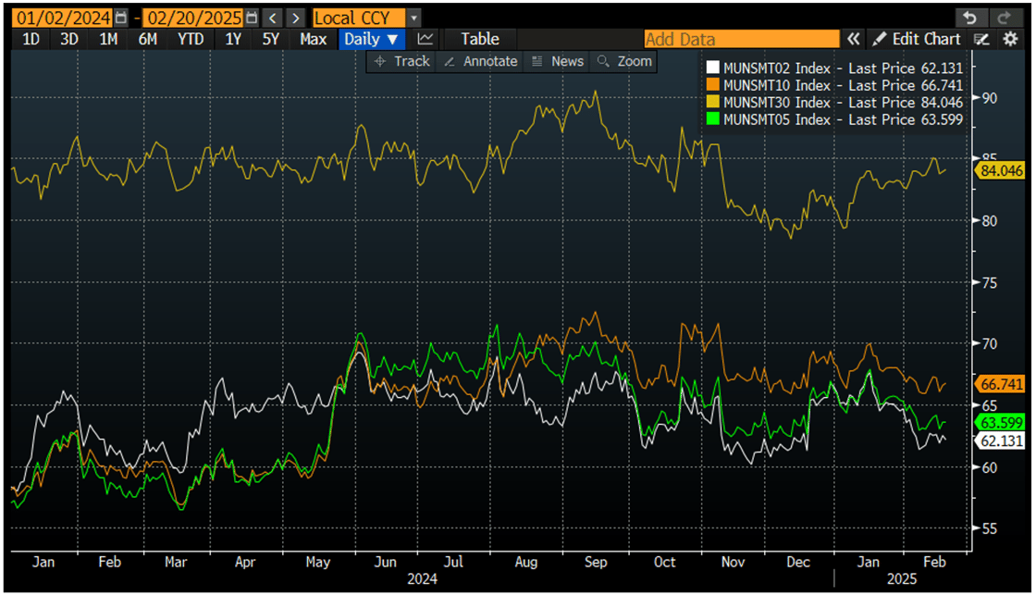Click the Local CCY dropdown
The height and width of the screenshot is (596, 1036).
pyautogui.click(x=358, y=18)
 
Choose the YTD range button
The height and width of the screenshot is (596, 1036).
pyautogui.click(x=190, y=39)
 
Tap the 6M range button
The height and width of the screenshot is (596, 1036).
pyautogui.click(x=147, y=39)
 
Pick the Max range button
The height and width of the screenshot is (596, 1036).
pyautogui.click(x=313, y=39)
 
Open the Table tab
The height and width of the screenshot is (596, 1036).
pyautogui.click(x=479, y=39)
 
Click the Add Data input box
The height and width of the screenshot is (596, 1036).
pyautogui.click(x=741, y=39)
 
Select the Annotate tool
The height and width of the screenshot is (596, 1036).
pyautogui.click(x=481, y=61)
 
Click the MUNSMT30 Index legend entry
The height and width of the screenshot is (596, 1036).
pyautogui.click(x=832, y=102)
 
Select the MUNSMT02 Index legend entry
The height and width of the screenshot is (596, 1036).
pyautogui.click(x=832, y=68)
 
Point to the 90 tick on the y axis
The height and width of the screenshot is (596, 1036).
pyautogui.click(x=989, y=98)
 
